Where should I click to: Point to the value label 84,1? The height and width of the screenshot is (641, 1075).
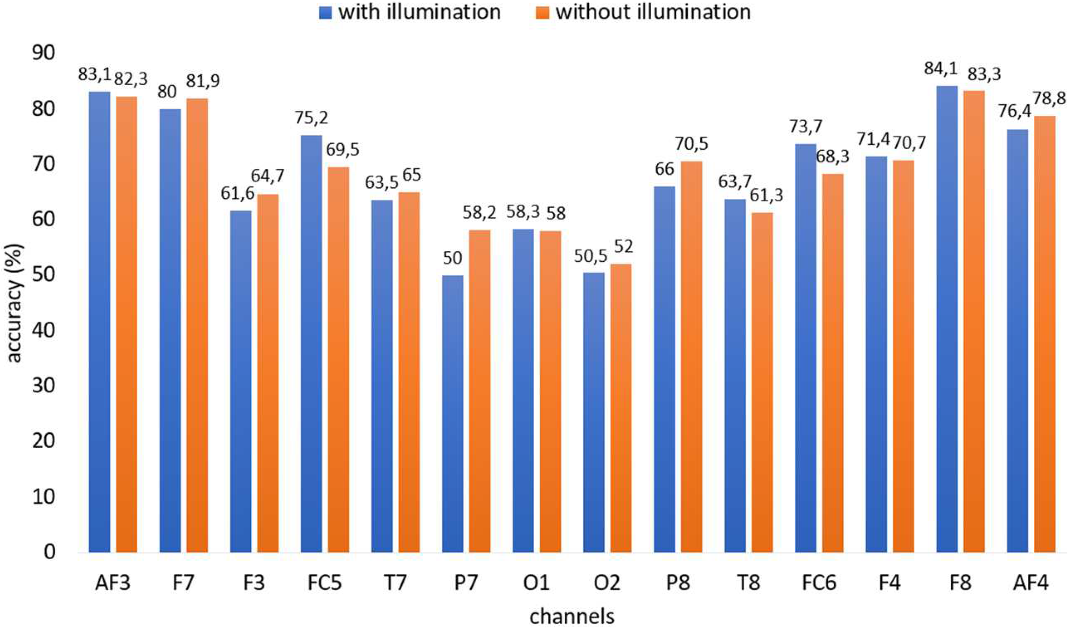coord(940,68)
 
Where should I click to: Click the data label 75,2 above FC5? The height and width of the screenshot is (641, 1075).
coord(312,118)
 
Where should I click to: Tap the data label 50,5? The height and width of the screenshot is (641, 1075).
coord(590,256)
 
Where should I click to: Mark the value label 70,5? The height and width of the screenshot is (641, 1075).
coord(691,144)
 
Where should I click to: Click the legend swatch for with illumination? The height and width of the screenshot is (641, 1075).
coord(325,12)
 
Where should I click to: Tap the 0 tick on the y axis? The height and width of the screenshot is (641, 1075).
coord(49,552)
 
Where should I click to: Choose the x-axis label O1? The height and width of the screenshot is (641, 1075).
coord(536,583)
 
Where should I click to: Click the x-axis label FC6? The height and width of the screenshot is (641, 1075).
coord(819,583)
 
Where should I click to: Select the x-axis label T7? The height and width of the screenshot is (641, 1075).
coord(395,583)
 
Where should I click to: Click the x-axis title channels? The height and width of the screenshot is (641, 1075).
coord(572,617)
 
